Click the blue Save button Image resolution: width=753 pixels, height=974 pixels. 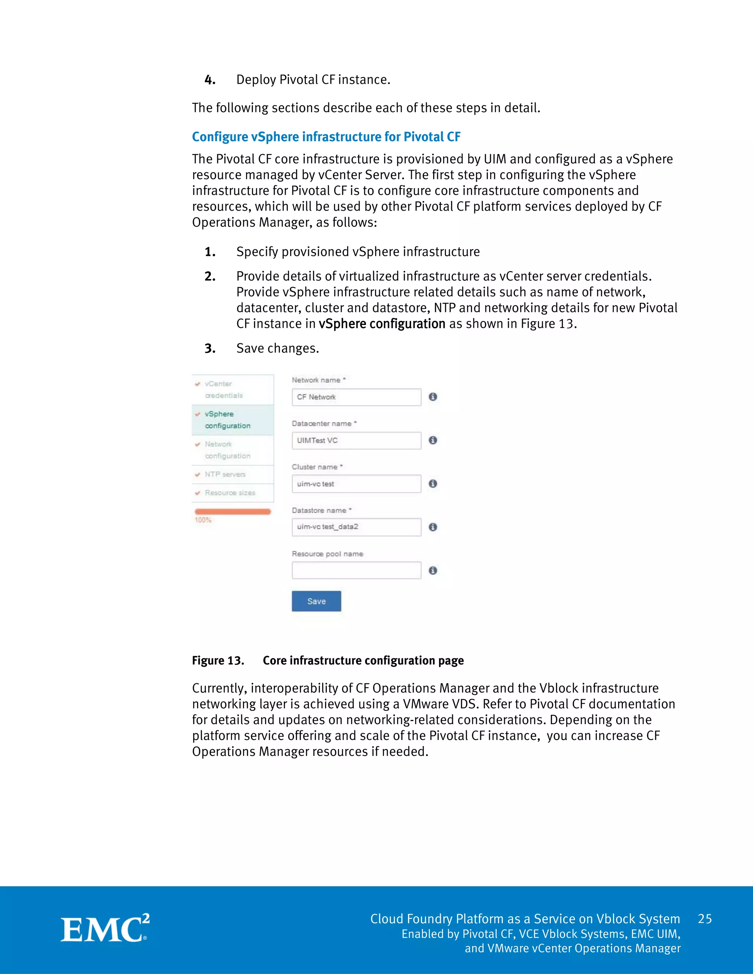pos(316,601)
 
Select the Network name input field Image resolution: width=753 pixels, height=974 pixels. pos(356,397)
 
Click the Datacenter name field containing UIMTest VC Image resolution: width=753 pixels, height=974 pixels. pos(356,441)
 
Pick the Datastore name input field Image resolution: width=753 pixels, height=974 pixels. pos(356,527)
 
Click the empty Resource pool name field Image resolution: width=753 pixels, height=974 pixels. pos(356,570)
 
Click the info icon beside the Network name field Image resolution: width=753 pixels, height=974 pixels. pos(433,397)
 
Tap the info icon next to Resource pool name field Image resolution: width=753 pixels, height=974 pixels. pos(433,570)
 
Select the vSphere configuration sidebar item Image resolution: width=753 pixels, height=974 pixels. pos(232,420)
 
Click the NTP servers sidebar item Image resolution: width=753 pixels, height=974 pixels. pos(232,475)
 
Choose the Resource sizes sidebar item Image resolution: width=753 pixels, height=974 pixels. pos(232,493)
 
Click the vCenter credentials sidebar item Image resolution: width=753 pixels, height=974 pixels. pos(232,389)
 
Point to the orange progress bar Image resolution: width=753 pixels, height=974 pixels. pos(232,512)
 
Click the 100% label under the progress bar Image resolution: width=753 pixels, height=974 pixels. pos(203,520)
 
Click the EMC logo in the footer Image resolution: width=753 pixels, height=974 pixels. pos(105,928)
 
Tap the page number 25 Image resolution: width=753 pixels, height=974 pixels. pos(704,919)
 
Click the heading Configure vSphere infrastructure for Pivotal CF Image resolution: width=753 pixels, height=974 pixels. pos(326,137)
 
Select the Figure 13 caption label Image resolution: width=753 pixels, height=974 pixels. pos(218,660)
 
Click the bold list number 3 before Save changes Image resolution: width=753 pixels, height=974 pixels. pos(210,349)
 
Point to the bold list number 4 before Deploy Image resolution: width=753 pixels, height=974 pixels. pos(210,80)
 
